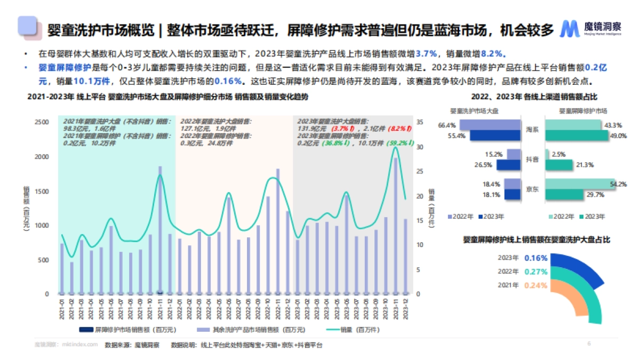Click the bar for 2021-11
[x=159, y=230]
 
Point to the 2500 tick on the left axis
[x=41, y=123]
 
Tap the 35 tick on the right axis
[x=420, y=123]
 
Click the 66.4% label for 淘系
[x=446, y=125]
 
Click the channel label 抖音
[x=532, y=159]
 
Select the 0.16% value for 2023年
[x=536, y=258]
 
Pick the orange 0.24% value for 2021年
[x=536, y=285]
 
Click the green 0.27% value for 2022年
[x=536, y=271]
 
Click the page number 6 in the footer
[x=589, y=344]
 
